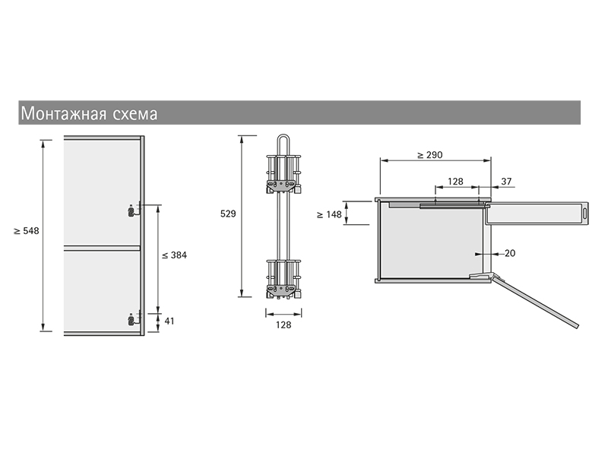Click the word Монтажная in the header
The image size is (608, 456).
(64, 113)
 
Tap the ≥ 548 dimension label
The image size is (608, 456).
(27, 231)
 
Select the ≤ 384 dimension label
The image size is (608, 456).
(174, 255)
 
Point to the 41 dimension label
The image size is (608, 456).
(169, 321)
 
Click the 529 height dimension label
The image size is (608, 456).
(228, 214)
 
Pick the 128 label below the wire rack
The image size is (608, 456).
(283, 325)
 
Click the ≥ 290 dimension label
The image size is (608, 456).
(430, 155)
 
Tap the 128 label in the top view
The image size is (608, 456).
(455, 182)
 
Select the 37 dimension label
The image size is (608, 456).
(506, 181)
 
